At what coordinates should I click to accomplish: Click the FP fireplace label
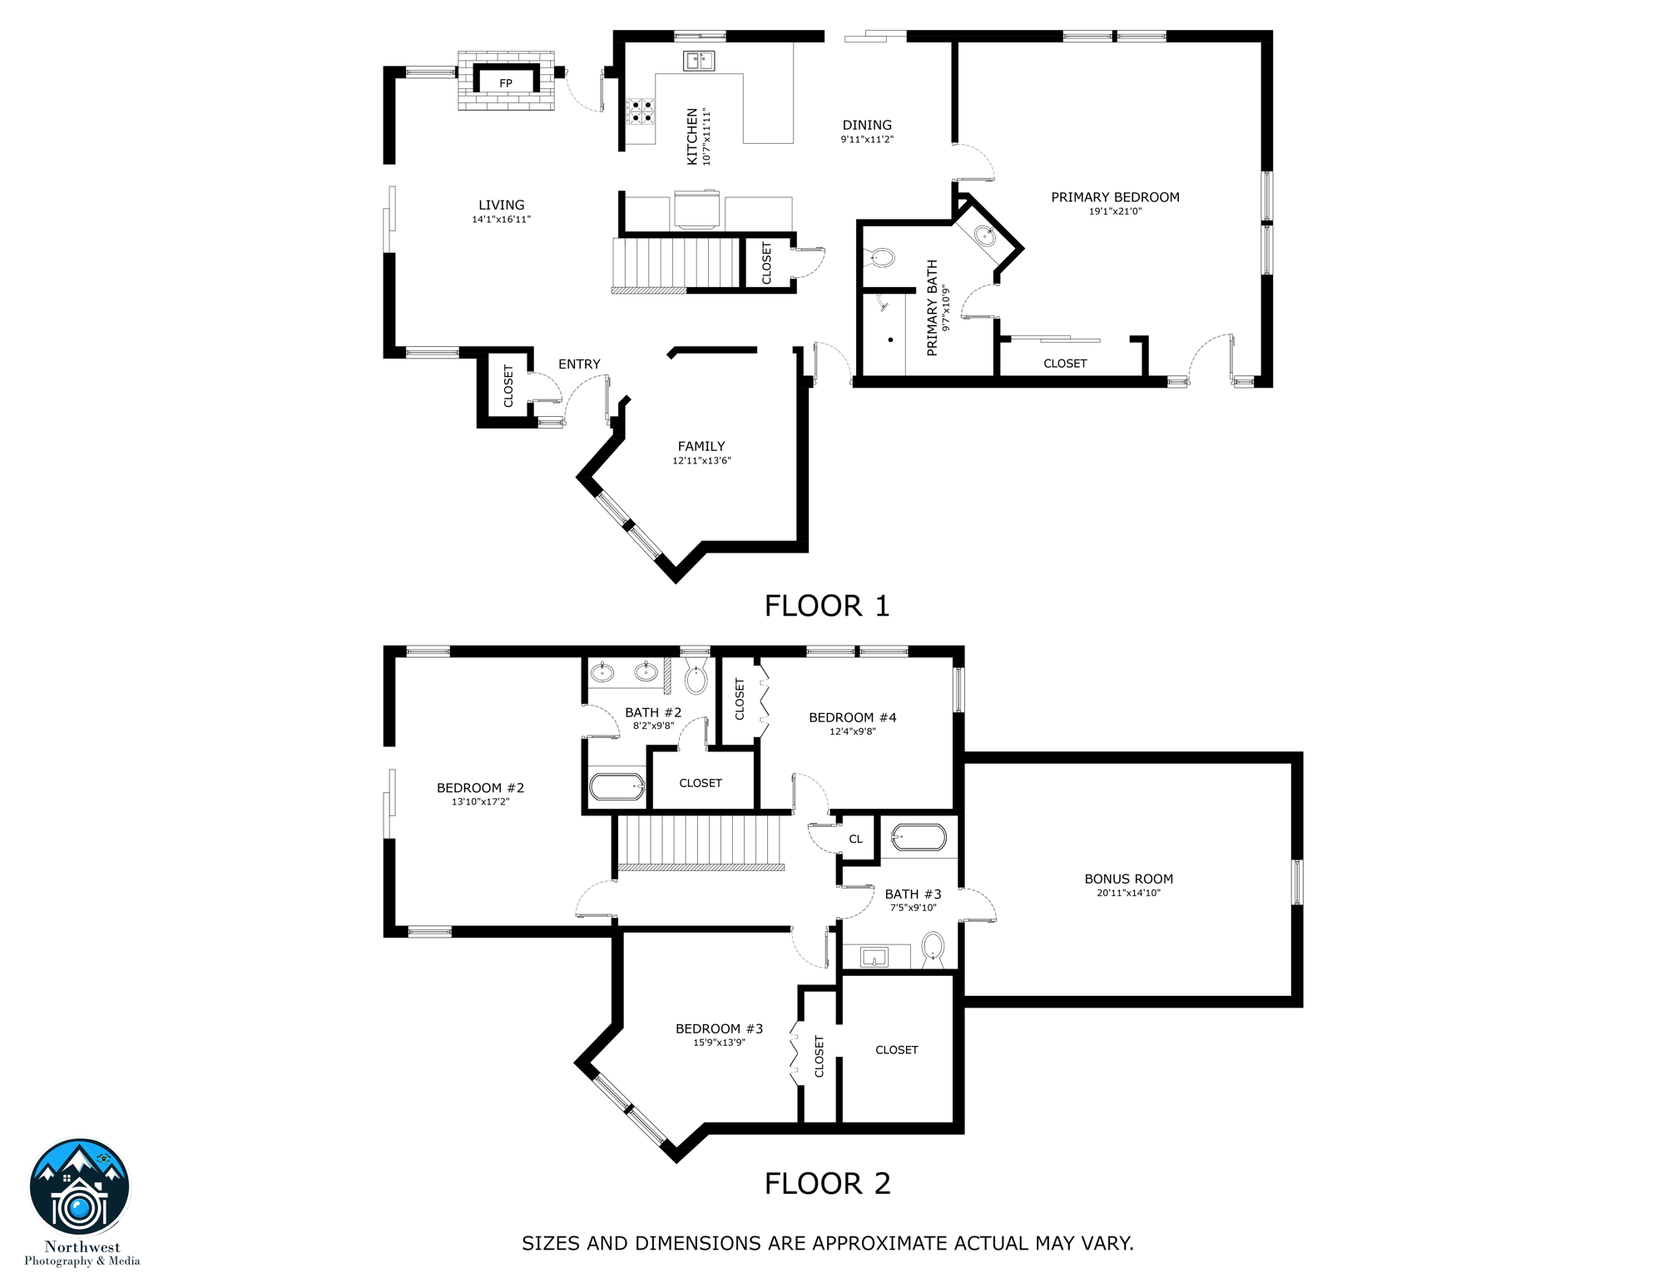pyautogui.click(x=505, y=83)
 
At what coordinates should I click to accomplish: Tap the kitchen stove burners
pyautogui.click(x=640, y=111)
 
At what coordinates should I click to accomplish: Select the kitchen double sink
pyautogui.click(x=699, y=61)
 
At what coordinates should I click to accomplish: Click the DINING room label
pyautogui.click(x=866, y=126)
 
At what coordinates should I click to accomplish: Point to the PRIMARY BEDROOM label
pyautogui.click(x=1114, y=197)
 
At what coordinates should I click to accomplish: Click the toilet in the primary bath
pyautogui.click(x=880, y=257)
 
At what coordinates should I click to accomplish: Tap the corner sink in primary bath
pyautogui.click(x=986, y=236)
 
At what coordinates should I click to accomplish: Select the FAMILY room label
pyautogui.click(x=701, y=447)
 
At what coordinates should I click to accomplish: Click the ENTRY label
pyautogui.click(x=579, y=364)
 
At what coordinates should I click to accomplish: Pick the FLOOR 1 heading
pyautogui.click(x=826, y=606)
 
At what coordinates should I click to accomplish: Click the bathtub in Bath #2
pyautogui.click(x=617, y=786)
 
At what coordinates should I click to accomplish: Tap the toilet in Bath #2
pyautogui.click(x=696, y=679)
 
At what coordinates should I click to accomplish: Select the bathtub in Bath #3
pyautogui.click(x=919, y=837)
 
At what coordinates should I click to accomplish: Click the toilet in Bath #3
pyautogui.click(x=933, y=948)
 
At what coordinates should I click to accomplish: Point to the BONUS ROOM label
pyautogui.click(x=1127, y=879)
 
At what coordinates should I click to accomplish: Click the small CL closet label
pyautogui.click(x=855, y=840)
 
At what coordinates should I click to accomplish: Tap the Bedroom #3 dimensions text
pyautogui.click(x=719, y=1043)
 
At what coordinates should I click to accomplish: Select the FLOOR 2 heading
pyautogui.click(x=827, y=1183)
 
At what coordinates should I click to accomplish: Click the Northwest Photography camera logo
pyautogui.click(x=80, y=1188)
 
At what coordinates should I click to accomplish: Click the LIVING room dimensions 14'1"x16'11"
pyautogui.click(x=501, y=220)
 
